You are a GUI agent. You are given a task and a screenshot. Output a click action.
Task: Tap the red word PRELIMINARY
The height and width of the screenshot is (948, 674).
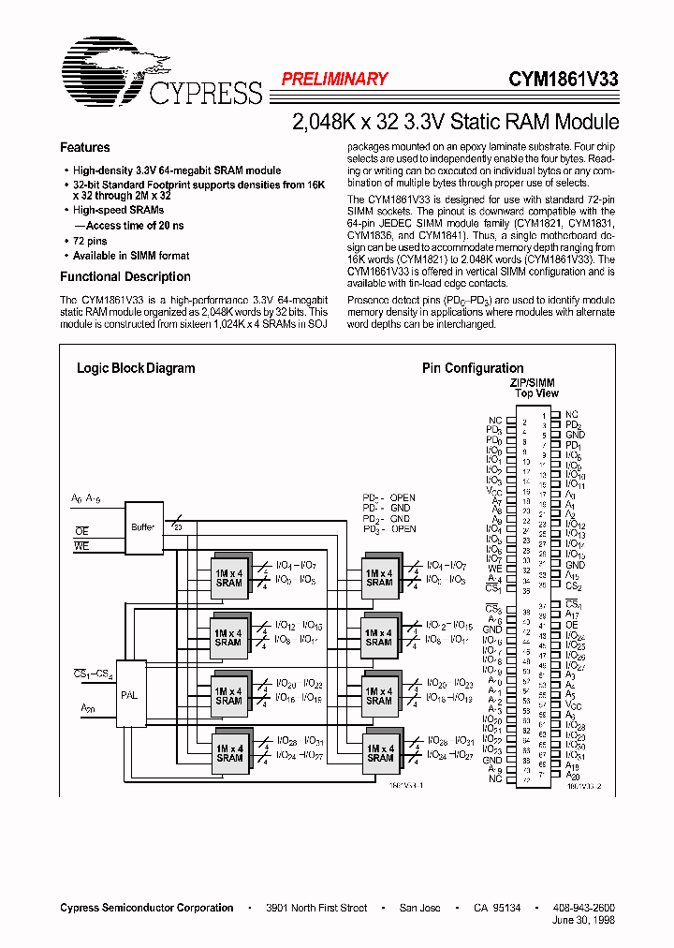click(x=334, y=80)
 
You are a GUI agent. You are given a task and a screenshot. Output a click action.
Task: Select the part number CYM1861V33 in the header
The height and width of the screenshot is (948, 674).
click(x=563, y=80)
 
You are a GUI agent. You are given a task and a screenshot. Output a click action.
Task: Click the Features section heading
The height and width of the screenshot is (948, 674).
click(x=85, y=148)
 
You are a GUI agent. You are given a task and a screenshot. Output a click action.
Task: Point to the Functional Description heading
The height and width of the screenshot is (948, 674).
click(x=125, y=277)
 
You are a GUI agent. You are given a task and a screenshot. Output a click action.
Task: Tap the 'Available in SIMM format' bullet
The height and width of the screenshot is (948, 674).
click(x=131, y=256)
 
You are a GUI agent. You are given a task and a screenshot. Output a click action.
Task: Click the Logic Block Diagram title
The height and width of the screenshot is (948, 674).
click(x=136, y=368)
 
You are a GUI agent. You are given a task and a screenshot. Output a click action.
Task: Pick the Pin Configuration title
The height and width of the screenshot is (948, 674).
click(x=473, y=368)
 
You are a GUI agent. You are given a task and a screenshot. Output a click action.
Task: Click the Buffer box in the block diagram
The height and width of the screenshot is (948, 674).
click(x=143, y=527)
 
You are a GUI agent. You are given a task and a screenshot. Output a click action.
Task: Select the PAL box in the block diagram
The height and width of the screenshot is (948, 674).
click(x=130, y=695)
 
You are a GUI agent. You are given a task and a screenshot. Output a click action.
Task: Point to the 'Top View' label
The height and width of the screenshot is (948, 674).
click(x=535, y=394)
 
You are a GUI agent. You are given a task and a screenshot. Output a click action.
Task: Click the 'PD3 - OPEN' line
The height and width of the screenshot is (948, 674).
click(x=388, y=529)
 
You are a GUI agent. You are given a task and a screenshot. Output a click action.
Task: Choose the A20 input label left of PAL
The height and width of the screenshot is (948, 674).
click(x=88, y=708)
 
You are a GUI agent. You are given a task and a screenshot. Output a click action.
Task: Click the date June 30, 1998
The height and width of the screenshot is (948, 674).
click(x=585, y=921)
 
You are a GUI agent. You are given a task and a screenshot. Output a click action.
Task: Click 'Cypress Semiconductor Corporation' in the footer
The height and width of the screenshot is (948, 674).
click(x=147, y=908)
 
